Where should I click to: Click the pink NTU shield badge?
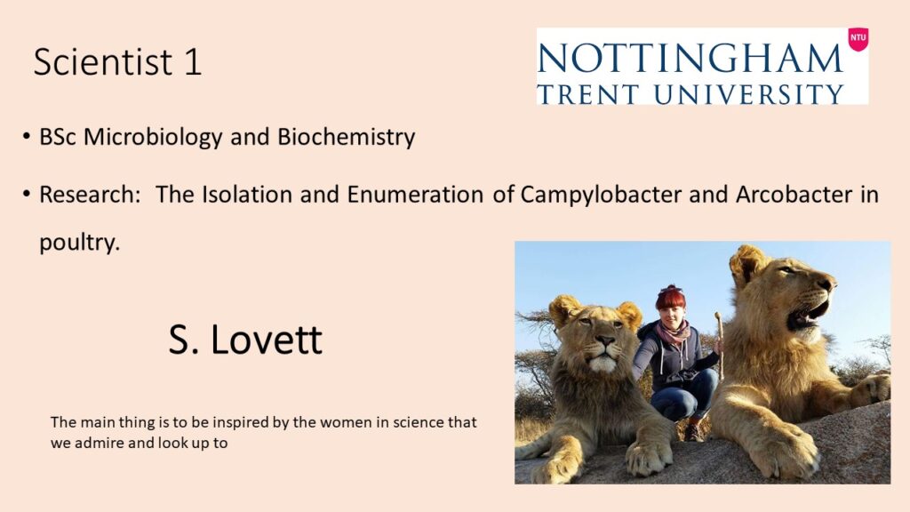tap(858, 39)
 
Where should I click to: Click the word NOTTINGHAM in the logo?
tap(690, 59)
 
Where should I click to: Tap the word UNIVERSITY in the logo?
tap(748, 93)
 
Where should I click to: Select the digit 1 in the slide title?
tap(193, 61)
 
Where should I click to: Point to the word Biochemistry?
tap(347, 138)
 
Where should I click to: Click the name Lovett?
tap(267, 340)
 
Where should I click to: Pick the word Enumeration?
tap(415, 194)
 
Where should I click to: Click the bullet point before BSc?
tap(26, 137)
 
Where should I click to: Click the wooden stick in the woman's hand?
tap(720, 345)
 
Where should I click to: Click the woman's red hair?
tap(670, 299)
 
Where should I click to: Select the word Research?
tap(90, 194)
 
